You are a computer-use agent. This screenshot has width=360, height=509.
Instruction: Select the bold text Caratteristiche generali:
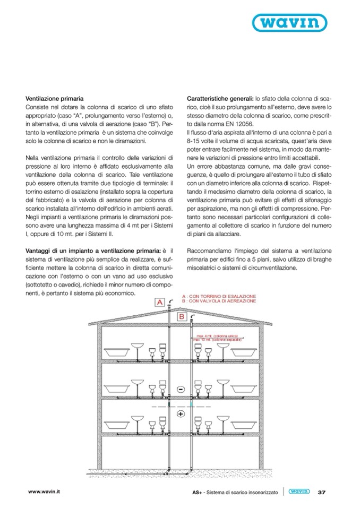pyautogui.click(x=220, y=99)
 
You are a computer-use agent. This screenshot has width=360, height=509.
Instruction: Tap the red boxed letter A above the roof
pyautogui.click(x=159, y=302)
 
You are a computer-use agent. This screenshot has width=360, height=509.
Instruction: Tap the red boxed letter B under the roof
pyautogui.click(x=181, y=317)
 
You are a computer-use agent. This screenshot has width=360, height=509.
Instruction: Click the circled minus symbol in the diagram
pyautogui.click(x=181, y=390)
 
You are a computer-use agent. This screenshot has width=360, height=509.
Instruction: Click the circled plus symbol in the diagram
pyautogui.click(x=181, y=414)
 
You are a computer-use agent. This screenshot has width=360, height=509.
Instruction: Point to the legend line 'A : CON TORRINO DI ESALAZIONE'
pyautogui.click(x=219, y=296)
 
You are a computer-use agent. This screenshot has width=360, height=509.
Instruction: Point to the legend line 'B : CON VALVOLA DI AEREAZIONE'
pyautogui.click(x=219, y=300)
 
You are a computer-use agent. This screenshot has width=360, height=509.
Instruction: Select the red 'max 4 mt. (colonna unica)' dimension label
pyautogui.click(x=218, y=336)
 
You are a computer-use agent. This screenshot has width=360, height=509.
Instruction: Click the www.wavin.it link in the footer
pyautogui.click(x=45, y=492)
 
